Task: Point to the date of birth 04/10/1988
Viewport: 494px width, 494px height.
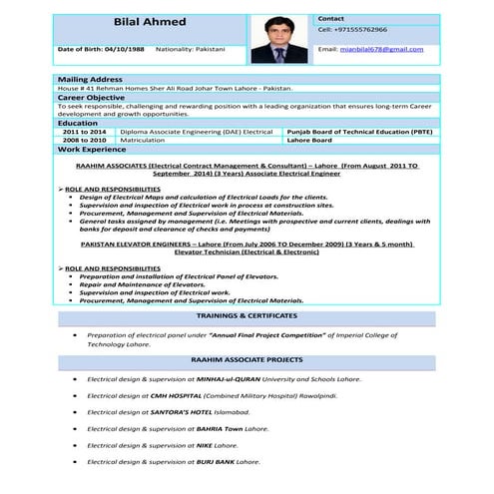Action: pos(123,48)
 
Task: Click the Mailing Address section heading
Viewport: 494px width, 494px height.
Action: pos(90,79)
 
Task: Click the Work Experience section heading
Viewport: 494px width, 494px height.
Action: pos(92,149)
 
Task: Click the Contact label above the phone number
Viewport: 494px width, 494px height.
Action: pos(331,19)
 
